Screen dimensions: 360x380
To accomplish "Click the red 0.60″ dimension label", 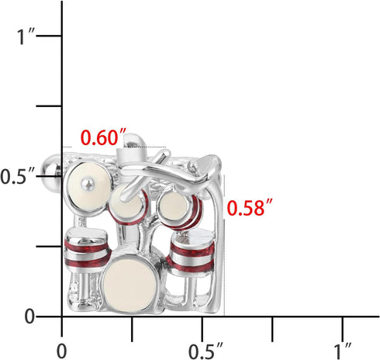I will click(x=104, y=138).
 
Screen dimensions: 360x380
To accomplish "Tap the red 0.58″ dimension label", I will click(x=249, y=208).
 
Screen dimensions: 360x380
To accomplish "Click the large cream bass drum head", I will click(x=133, y=285).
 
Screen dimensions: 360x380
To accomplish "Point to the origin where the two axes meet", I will click(x=62, y=317).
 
